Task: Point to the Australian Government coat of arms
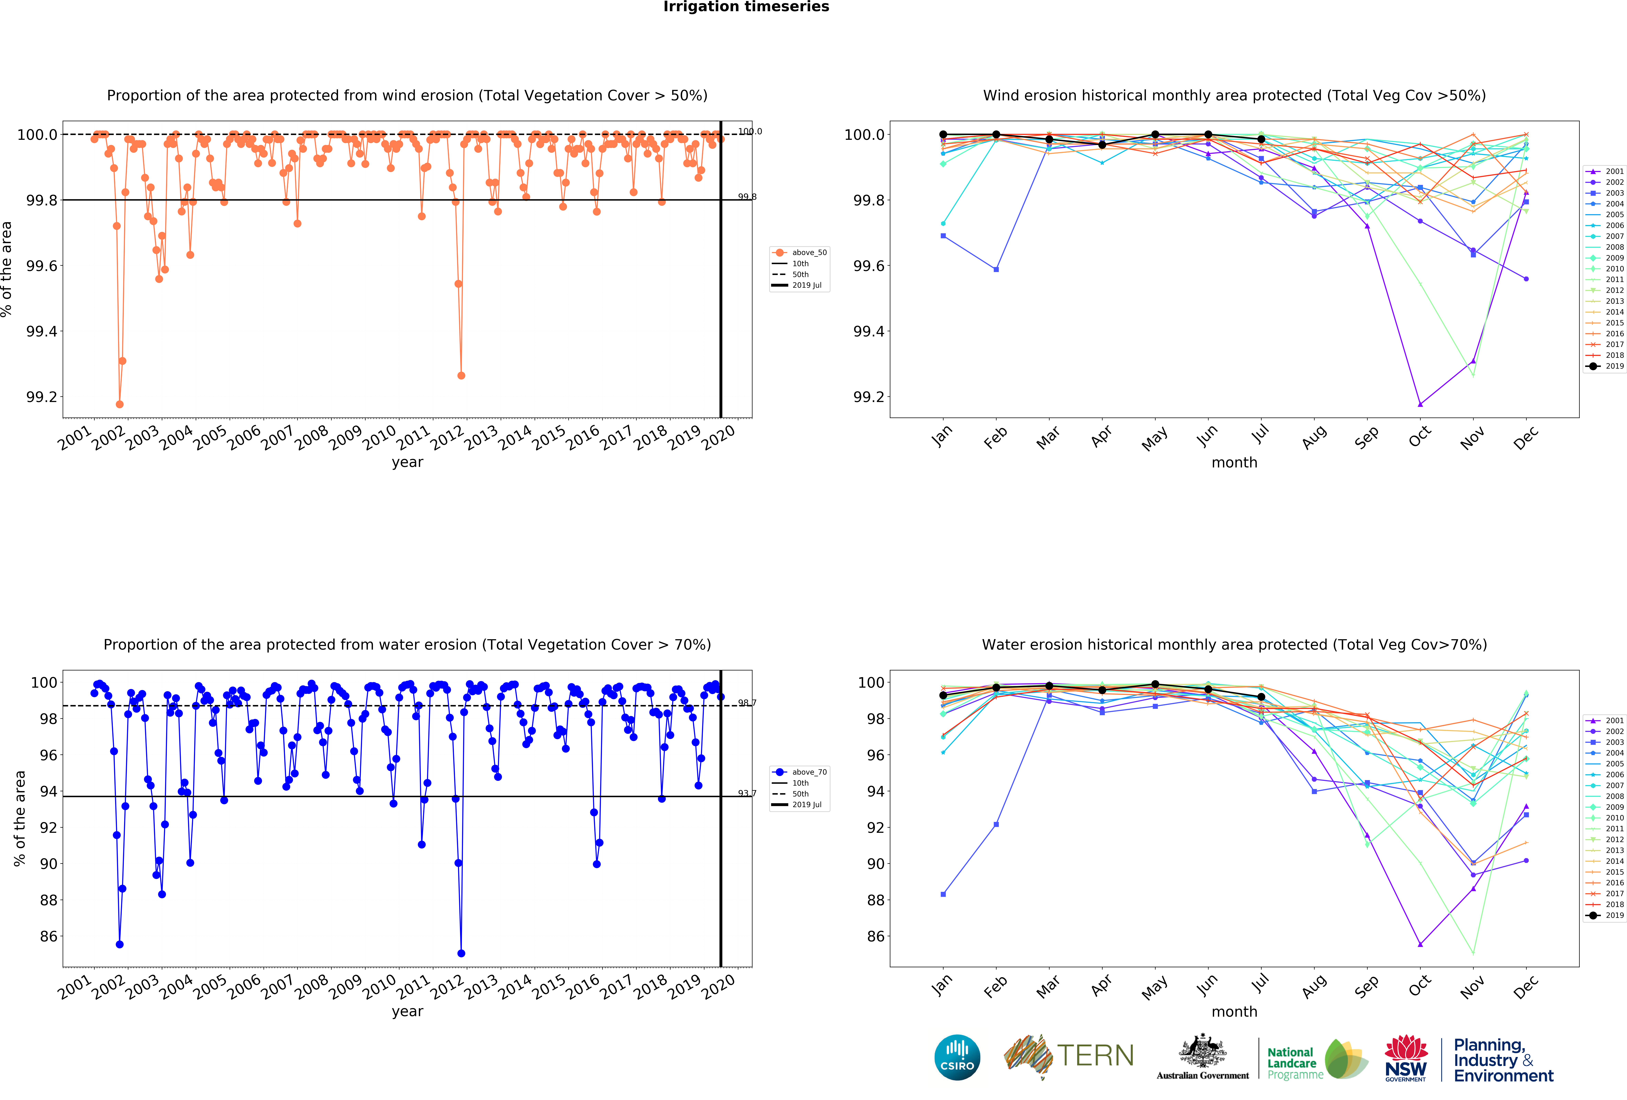pyautogui.click(x=1202, y=1050)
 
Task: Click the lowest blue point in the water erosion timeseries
pyautogui.click(x=461, y=953)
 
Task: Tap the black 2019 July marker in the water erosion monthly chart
pyautogui.click(x=1261, y=697)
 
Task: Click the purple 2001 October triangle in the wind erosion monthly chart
pyautogui.click(x=1420, y=404)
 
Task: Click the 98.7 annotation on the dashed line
pyautogui.click(x=747, y=702)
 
